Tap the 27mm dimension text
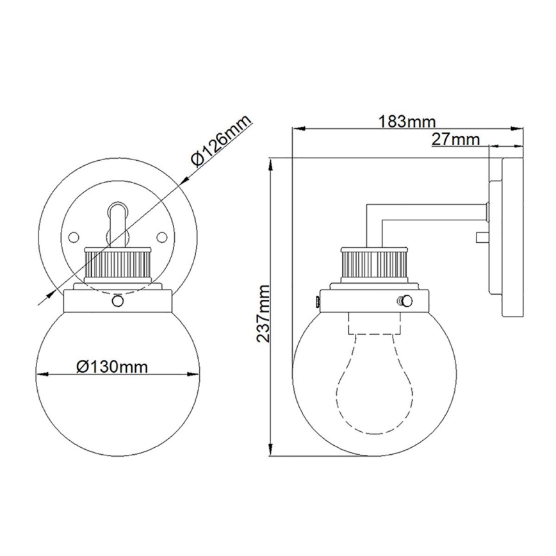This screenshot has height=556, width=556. tap(455, 138)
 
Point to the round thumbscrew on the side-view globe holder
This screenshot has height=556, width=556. tap(404, 300)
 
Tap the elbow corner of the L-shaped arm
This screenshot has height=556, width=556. tap(370, 209)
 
